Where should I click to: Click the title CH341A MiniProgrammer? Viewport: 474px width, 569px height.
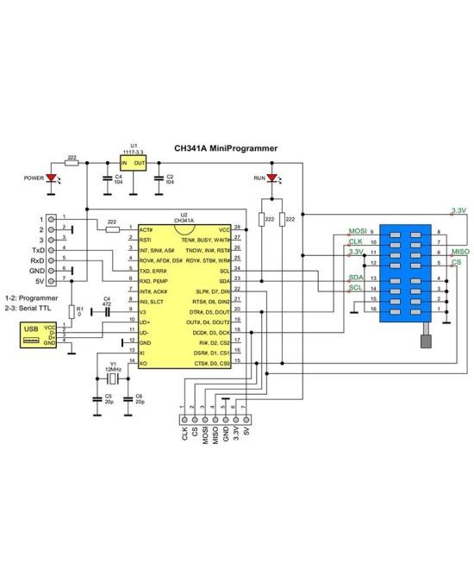click(227, 147)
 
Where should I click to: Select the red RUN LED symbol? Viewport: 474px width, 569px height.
click(273, 179)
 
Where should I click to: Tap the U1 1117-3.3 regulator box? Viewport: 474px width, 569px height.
click(133, 162)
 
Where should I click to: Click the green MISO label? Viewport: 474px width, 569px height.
click(460, 251)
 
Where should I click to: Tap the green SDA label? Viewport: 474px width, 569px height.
click(355, 278)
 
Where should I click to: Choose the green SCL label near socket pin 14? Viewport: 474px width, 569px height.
click(355, 288)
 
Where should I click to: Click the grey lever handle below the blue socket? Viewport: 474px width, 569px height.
click(426, 341)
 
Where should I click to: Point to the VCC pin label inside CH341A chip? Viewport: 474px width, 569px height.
click(223, 229)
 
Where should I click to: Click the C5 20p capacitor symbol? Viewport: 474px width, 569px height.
click(97, 397)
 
